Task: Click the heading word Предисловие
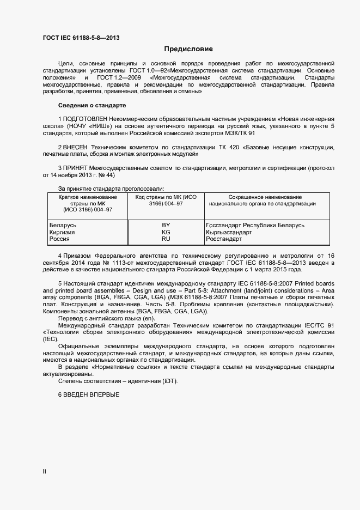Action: [x=181, y=49]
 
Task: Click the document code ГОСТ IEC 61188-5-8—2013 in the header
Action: [x=81, y=38]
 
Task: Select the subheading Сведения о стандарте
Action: [x=91, y=105]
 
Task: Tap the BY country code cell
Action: [x=166, y=225]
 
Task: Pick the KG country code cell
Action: [x=166, y=232]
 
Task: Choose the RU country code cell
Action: [x=166, y=239]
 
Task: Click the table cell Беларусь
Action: [x=63, y=225]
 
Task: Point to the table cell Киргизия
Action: [x=62, y=232]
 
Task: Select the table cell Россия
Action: [x=59, y=239]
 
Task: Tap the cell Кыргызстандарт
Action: [x=229, y=232]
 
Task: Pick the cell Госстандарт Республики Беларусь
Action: [x=255, y=225]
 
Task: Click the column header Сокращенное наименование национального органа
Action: [x=270, y=200]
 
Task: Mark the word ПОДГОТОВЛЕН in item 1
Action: [x=86, y=118]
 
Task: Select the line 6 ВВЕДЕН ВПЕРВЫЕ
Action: [x=88, y=394]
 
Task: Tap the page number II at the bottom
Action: [x=45, y=471]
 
